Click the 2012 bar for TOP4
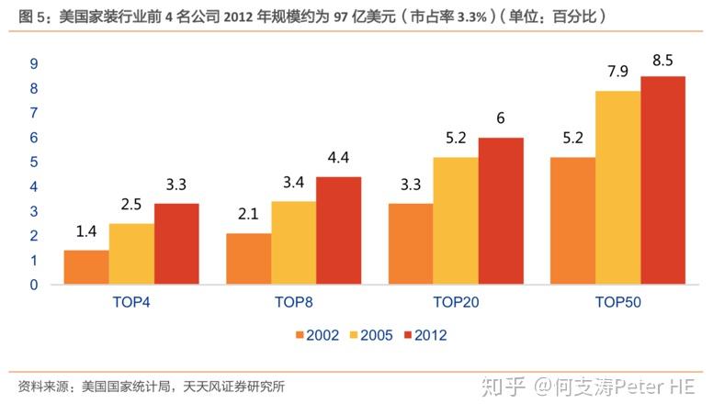[x=176, y=244]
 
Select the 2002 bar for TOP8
[x=249, y=259]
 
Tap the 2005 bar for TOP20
[x=456, y=221]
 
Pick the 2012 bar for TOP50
[x=663, y=181]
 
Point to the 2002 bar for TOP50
[x=573, y=221]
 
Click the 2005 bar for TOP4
[x=131, y=254]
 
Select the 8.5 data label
[x=662, y=60]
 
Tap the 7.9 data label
[x=618, y=72]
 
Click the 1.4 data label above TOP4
[x=86, y=231]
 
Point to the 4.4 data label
[x=338, y=157]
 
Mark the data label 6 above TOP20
[x=501, y=118]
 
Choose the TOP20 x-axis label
[x=456, y=302]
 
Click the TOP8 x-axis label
[x=294, y=302]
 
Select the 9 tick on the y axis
[x=34, y=63]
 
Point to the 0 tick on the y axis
[x=34, y=285]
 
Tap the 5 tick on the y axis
[x=34, y=163]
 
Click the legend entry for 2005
[x=371, y=335]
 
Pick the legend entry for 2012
[x=425, y=335]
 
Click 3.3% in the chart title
[x=472, y=17]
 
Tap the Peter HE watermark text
[x=654, y=387]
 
